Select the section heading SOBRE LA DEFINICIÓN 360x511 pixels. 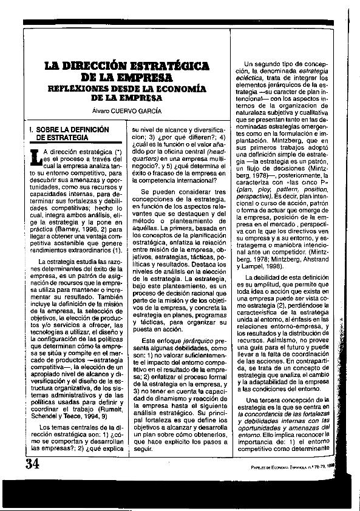coord(73,130)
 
